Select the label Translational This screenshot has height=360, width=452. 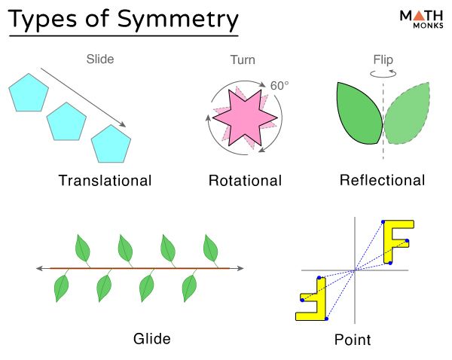[105, 181]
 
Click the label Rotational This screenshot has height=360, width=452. [245, 181]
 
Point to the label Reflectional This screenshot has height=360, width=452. [382, 181]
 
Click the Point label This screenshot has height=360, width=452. [353, 340]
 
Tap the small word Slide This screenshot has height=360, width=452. [101, 58]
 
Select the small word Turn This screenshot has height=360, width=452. [243, 58]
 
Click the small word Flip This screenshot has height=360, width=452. [383, 58]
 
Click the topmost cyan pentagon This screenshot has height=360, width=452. [29, 93]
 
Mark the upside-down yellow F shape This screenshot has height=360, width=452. [313, 299]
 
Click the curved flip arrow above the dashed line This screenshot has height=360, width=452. [383, 73]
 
